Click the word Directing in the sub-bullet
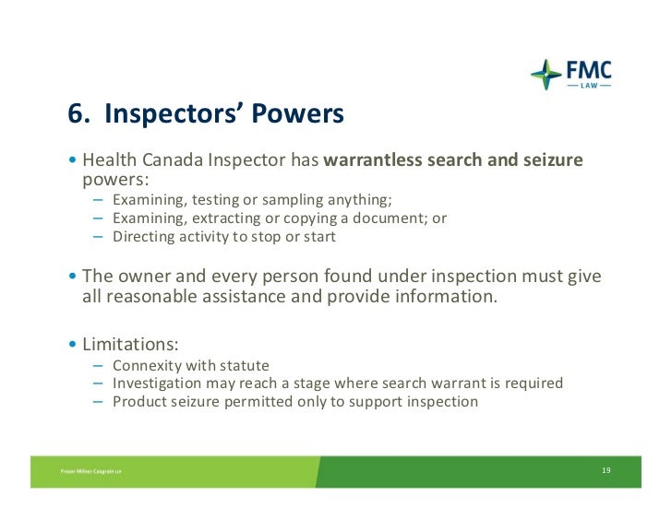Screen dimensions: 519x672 (x=143, y=237)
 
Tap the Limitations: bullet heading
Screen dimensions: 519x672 (x=130, y=344)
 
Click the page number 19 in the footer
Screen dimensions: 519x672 (x=606, y=471)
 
